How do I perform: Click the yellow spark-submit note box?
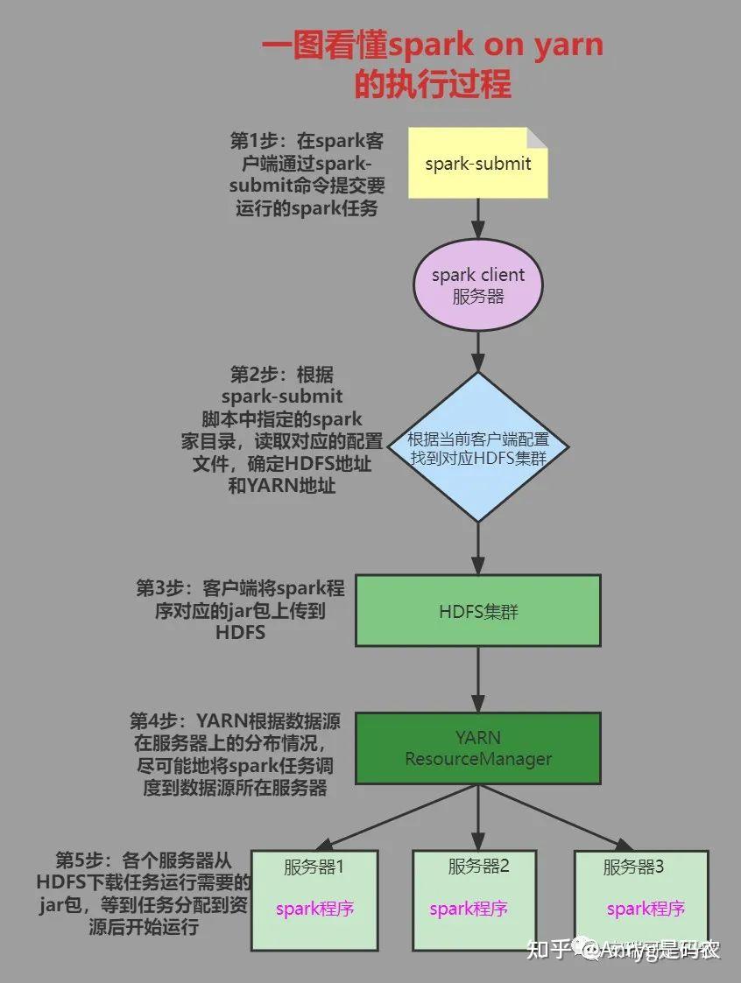(x=477, y=163)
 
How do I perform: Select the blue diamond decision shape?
(x=478, y=446)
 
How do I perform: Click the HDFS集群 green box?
(x=478, y=611)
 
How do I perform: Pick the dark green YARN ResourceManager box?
(x=478, y=748)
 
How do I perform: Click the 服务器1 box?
(x=314, y=900)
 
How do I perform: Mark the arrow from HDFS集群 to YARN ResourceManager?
(x=478, y=679)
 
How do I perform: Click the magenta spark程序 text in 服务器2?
(x=469, y=909)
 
